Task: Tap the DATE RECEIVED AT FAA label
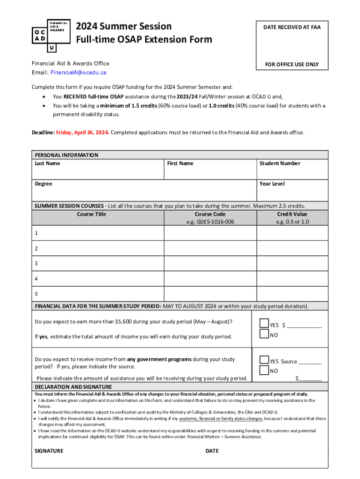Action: point(292,28)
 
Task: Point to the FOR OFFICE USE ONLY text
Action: point(292,65)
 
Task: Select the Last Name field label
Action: point(47,163)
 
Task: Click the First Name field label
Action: point(180,163)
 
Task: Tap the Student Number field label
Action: point(280,163)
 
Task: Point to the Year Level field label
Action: point(272,184)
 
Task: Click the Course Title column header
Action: point(91,214)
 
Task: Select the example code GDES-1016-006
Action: point(210,222)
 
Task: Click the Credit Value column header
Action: point(292,214)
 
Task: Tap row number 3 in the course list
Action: point(36,263)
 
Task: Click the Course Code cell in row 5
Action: point(210,294)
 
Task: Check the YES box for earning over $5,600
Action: point(264,324)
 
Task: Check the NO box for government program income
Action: point(264,370)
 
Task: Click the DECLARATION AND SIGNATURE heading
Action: point(73,387)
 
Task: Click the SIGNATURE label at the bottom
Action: point(49,451)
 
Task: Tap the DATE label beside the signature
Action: point(212,451)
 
